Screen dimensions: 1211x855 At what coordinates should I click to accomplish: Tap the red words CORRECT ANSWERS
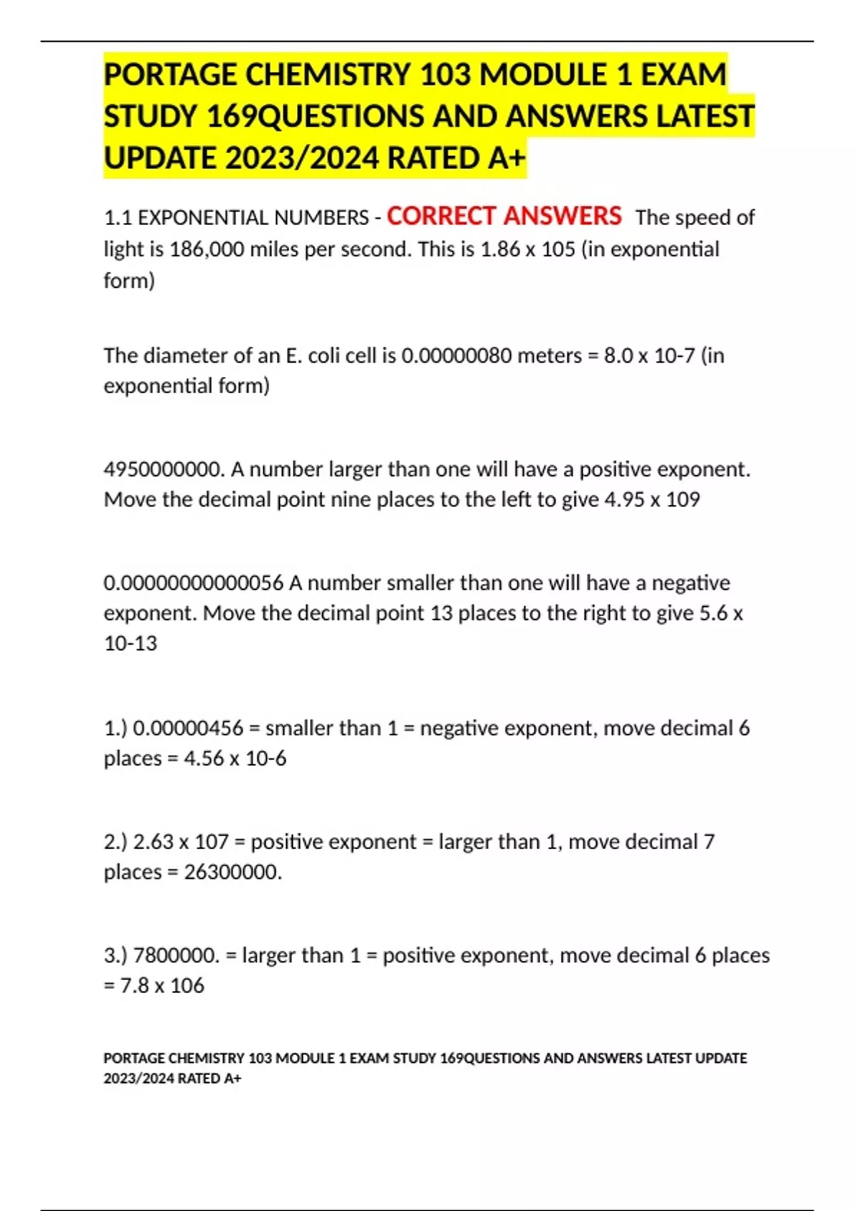click(504, 216)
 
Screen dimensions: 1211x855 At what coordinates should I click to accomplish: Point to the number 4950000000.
click(164, 469)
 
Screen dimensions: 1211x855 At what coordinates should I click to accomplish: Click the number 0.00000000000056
click(193, 583)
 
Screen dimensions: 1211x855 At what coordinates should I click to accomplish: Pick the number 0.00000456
click(189, 728)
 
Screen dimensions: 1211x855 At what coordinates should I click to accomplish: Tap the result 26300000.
click(233, 872)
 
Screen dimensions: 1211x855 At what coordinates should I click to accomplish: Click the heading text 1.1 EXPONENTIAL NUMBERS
click(236, 218)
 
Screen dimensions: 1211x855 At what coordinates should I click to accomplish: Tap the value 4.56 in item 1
click(204, 759)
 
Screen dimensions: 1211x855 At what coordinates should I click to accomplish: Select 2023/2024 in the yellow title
click(301, 158)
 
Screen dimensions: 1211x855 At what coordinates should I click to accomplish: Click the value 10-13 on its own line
click(130, 643)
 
